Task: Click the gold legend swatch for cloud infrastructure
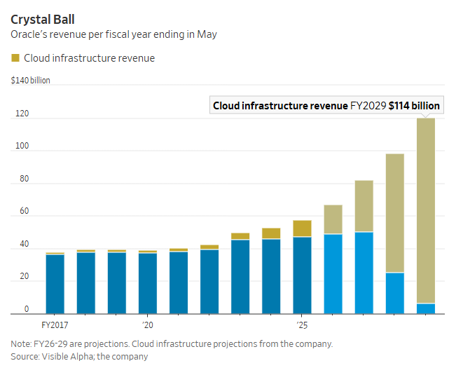click(15, 58)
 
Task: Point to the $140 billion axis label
click(31, 81)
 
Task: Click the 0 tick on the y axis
click(27, 309)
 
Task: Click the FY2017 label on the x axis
click(55, 326)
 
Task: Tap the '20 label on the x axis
click(148, 326)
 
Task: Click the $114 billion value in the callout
click(414, 105)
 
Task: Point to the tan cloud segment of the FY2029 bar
click(425, 210)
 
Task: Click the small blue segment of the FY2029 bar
click(425, 308)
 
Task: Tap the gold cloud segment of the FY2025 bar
click(302, 228)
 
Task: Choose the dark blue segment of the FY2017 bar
click(55, 284)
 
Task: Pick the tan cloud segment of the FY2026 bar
click(333, 219)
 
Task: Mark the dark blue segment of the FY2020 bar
click(148, 283)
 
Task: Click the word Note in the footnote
click(21, 344)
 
